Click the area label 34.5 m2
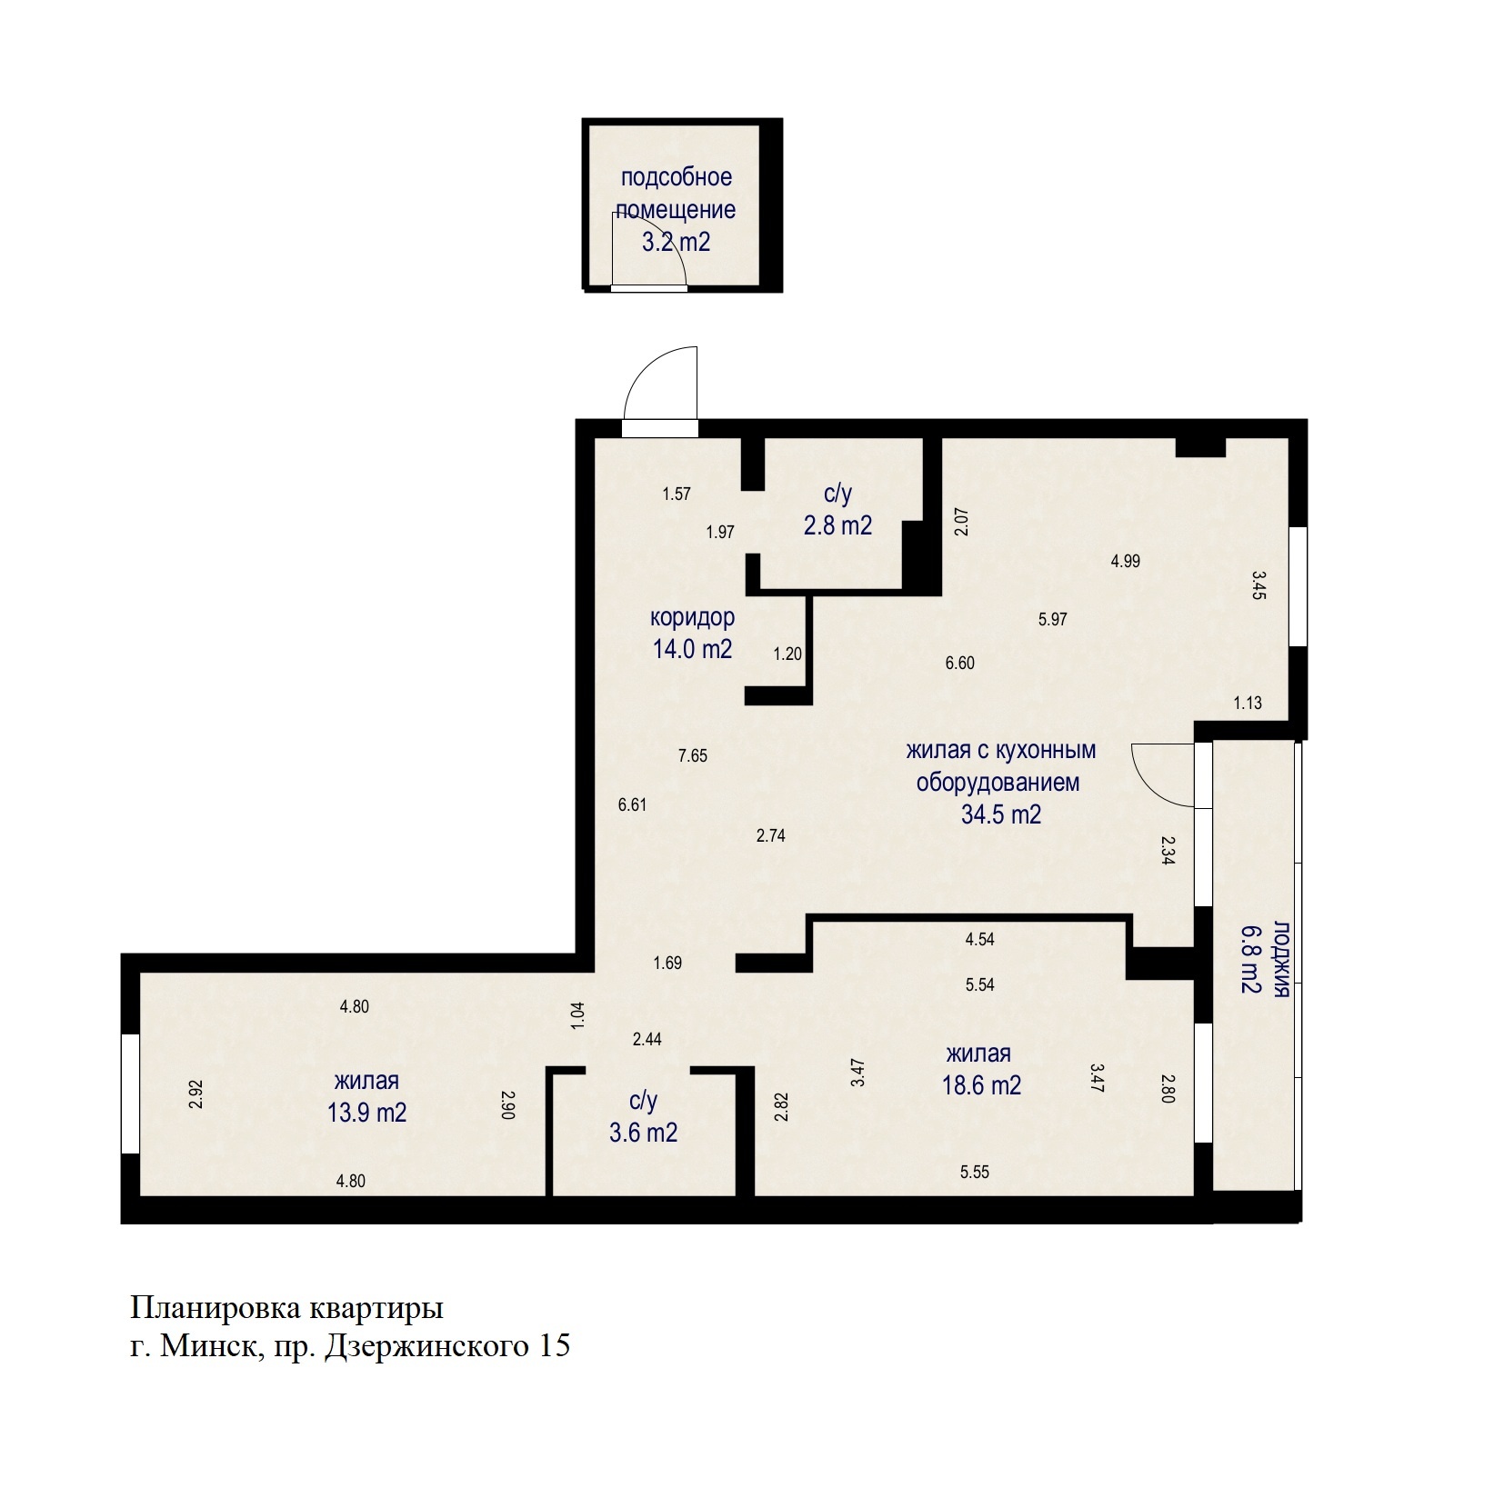click(1000, 814)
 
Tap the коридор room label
click(692, 618)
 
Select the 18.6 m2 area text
click(981, 1084)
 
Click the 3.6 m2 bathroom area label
click(643, 1133)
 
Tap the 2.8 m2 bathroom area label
click(837, 525)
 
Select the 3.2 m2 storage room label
click(676, 242)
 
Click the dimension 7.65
click(693, 755)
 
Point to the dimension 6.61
click(632, 804)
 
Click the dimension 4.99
click(1126, 561)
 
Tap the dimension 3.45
click(1259, 586)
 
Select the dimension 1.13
click(1248, 703)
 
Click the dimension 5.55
click(975, 1172)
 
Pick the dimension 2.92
click(196, 1094)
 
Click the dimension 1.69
click(667, 963)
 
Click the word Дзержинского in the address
click(426, 1346)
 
